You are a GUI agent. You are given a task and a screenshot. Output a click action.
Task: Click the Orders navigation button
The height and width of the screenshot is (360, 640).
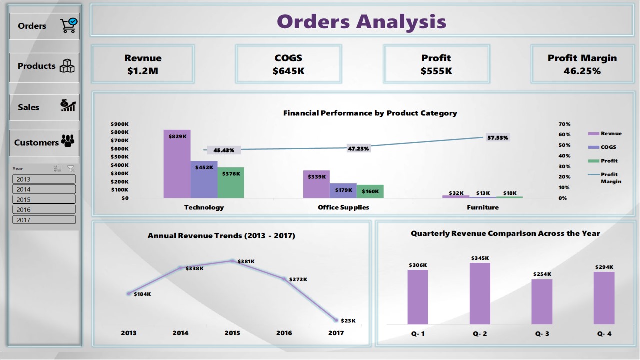[44, 26]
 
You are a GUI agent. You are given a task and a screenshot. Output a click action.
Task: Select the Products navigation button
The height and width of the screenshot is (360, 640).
[44, 66]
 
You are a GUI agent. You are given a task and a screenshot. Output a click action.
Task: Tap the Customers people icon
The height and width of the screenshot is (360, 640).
[67, 141]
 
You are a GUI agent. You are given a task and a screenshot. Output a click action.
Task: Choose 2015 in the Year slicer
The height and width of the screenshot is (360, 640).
[44, 199]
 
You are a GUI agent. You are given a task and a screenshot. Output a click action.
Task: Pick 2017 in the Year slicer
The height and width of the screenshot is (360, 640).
[44, 220]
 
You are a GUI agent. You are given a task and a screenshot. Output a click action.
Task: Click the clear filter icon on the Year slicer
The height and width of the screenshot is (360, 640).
[71, 169]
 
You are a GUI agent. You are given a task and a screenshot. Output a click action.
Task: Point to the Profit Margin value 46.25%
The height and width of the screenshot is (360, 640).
[582, 71]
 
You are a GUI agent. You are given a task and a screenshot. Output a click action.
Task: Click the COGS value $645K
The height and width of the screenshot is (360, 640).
[288, 71]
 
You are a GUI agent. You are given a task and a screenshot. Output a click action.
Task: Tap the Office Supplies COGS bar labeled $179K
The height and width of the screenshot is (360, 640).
[343, 191]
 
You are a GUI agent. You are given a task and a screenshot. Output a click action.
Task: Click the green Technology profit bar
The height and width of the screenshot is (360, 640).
[231, 183]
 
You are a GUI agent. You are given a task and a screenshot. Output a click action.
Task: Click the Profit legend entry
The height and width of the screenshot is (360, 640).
[609, 161]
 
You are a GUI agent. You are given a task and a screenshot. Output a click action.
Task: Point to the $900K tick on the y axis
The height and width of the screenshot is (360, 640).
[120, 124]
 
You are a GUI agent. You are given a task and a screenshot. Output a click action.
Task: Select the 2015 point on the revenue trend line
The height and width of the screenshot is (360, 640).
[232, 261]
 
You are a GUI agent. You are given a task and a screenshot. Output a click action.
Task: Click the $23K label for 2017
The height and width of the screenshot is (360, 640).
[348, 321]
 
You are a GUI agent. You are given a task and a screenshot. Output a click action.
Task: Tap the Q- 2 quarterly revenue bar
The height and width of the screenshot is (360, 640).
[480, 294]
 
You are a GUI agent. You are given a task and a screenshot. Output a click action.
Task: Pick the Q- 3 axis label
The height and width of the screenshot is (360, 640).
[542, 333]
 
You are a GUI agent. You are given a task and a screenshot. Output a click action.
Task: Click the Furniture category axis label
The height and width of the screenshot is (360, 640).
[483, 207]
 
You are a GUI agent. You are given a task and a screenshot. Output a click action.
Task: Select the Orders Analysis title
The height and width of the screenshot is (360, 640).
[361, 21]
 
